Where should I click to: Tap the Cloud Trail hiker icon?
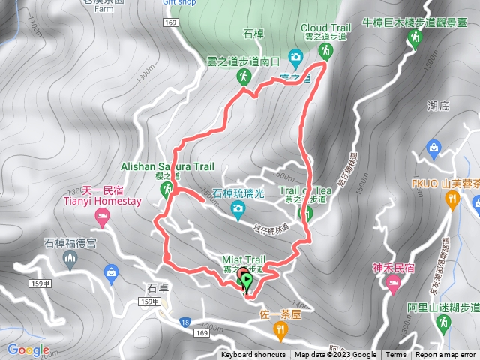click(325, 51)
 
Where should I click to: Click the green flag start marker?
click(247, 280)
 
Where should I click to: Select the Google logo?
click(28, 349)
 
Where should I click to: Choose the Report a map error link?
click(446, 355)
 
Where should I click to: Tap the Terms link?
click(396, 355)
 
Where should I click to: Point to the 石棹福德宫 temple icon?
click(70, 259)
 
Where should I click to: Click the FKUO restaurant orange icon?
click(451, 199)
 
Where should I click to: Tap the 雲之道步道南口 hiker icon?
click(244, 76)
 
